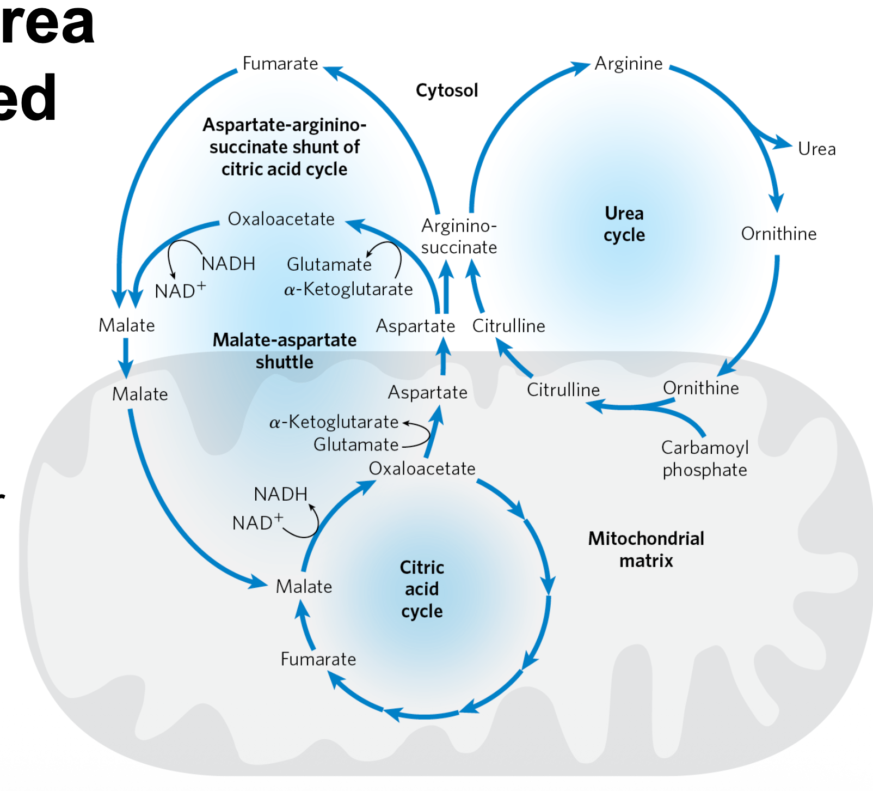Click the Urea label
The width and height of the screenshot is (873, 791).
click(816, 149)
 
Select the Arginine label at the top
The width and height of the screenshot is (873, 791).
click(629, 64)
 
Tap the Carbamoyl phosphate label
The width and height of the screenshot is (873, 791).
click(705, 459)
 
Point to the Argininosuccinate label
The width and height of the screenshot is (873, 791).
click(459, 236)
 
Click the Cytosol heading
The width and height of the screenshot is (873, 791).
click(447, 90)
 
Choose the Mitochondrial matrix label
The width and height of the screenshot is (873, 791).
click(646, 549)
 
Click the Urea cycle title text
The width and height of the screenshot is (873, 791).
click(624, 224)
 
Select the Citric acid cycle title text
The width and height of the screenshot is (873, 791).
click(422, 589)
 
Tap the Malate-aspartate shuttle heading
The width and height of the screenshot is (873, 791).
click(285, 351)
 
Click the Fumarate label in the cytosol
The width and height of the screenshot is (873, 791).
click(280, 64)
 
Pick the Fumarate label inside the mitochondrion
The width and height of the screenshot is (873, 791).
click(318, 659)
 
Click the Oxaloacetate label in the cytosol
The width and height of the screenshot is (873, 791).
click(281, 219)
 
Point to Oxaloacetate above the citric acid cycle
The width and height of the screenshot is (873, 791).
click(422, 468)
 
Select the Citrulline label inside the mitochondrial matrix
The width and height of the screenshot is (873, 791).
click(563, 390)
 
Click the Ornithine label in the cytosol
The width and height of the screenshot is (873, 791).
click(779, 234)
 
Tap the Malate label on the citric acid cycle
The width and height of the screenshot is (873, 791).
click(304, 587)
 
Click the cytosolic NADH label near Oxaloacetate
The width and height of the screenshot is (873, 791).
click(229, 264)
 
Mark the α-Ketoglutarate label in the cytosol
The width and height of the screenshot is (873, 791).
click(348, 289)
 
